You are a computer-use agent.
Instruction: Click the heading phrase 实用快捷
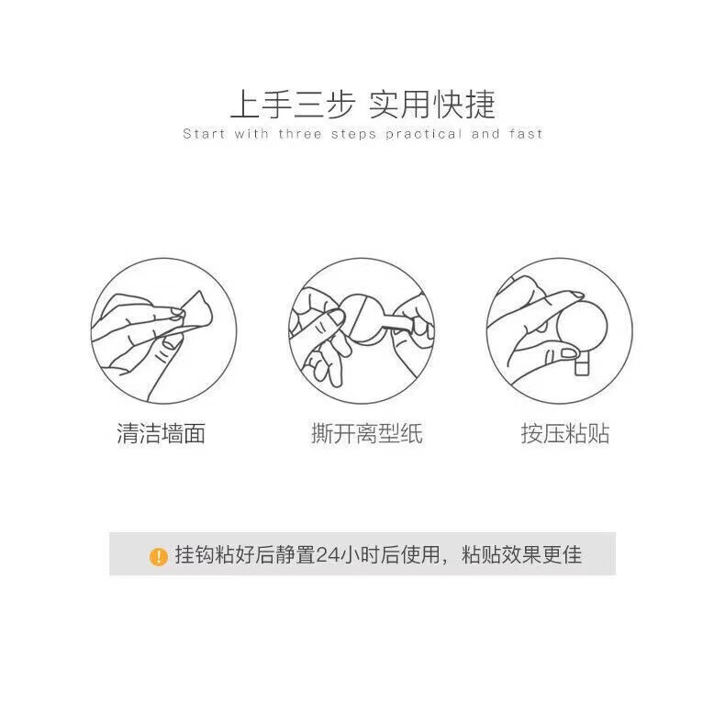(432, 105)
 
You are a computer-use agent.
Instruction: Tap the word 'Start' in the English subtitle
(204, 134)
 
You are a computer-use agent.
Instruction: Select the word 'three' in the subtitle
(302, 134)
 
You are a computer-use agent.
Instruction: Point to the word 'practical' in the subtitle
(423, 134)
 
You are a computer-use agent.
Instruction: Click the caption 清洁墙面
(161, 434)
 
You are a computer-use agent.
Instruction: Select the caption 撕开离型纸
(366, 434)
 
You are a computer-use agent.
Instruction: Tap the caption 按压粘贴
(565, 434)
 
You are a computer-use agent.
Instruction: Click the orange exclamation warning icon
(159, 556)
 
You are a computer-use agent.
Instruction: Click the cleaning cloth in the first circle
(197, 310)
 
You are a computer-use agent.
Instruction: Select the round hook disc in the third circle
(581, 326)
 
